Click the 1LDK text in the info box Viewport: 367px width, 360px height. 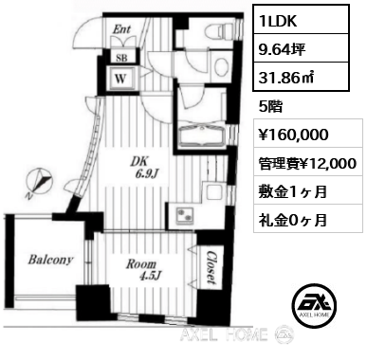pos(278,21)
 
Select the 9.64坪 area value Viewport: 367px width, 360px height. pos(282,49)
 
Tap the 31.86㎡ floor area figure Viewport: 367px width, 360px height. pos(286,78)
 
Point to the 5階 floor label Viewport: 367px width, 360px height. pos(270,107)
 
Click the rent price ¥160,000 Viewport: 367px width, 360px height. pos(294,135)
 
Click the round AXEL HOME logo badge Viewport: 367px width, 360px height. pos(314,305)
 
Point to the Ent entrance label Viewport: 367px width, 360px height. pos(121,29)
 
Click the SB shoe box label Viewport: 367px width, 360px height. pos(121,58)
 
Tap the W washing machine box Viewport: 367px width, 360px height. pos(121,79)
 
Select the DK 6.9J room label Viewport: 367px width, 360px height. pos(145,167)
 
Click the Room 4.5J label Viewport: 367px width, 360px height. pos(141,270)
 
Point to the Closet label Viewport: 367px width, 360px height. pos(211,267)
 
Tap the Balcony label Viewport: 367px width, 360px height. pos(50,260)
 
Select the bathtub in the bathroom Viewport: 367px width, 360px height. pos(201,136)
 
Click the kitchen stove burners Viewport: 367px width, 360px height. pos(184,214)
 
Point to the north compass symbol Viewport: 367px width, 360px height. pos(39,181)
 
